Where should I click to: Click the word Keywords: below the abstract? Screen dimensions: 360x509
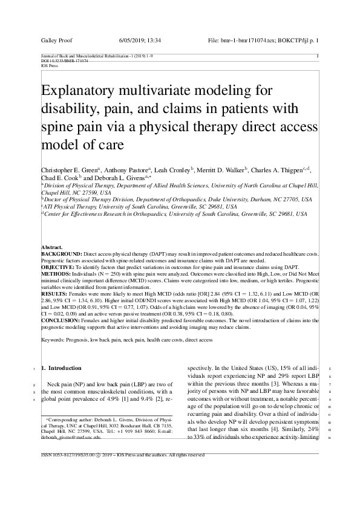tap(54, 341)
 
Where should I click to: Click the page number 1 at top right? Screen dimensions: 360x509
tap(318, 56)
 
